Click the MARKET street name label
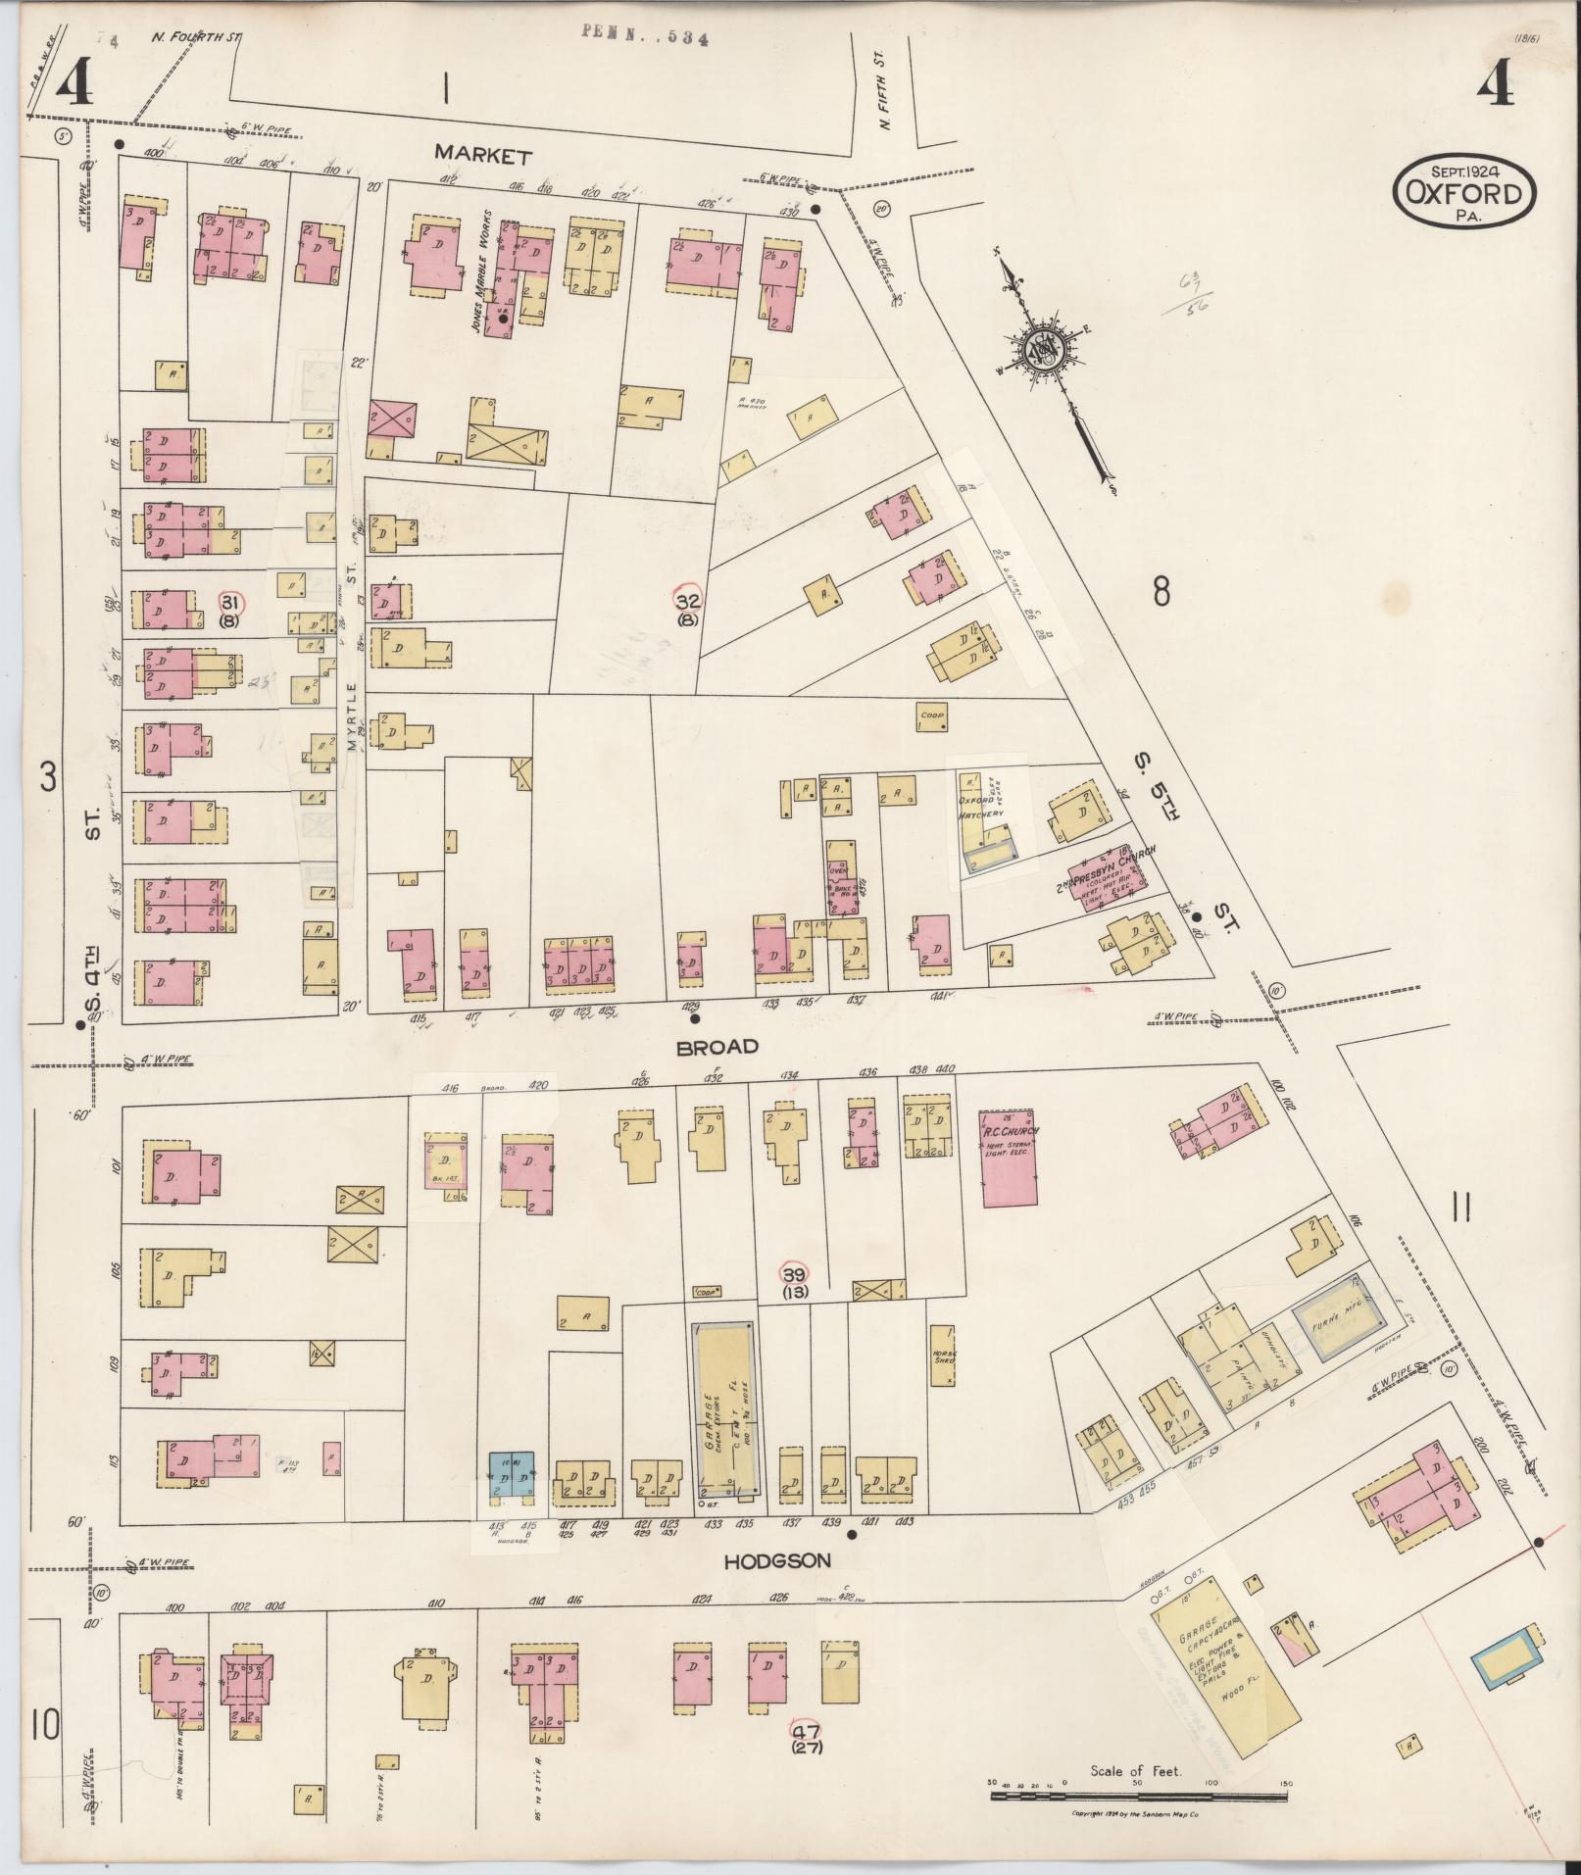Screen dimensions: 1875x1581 pyautogui.click(x=483, y=155)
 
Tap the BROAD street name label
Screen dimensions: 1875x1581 pyautogui.click(x=717, y=1047)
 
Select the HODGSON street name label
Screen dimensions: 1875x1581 pyautogui.click(x=776, y=1561)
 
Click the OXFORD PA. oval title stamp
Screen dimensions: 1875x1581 pyautogui.click(x=1463, y=193)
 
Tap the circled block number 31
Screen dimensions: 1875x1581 pyautogui.click(x=230, y=602)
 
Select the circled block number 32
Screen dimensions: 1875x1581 pyautogui.click(x=687, y=601)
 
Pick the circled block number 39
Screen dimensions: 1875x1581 pyautogui.click(x=793, y=1273)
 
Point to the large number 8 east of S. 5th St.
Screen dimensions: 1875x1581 pyautogui.click(x=1161, y=592)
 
